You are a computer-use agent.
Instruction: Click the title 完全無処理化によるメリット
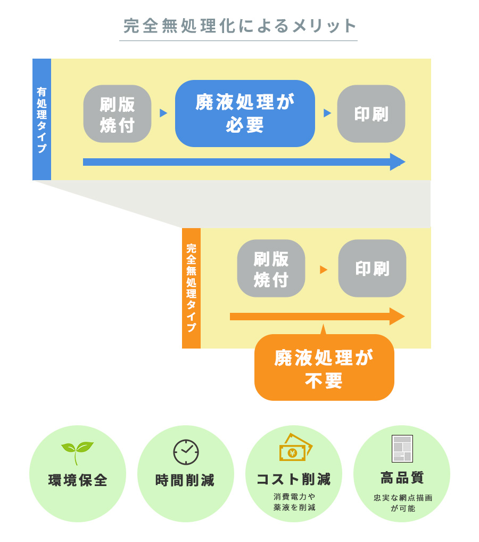click(240, 26)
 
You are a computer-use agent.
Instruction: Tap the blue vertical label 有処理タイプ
click(42, 119)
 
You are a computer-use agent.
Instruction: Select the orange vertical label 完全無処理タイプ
click(191, 288)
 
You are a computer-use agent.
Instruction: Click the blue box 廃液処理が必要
click(245, 114)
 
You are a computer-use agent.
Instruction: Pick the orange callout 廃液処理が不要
click(324, 368)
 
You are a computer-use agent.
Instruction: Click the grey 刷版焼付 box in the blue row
click(117, 114)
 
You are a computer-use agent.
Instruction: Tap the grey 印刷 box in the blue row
click(371, 114)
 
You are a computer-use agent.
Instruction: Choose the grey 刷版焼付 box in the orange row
click(271, 269)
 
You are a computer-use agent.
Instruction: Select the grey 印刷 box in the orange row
click(372, 269)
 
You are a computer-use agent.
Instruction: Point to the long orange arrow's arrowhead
click(397, 317)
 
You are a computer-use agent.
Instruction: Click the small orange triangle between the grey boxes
click(323, 270)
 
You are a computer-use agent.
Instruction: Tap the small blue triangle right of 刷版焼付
click(163, 113)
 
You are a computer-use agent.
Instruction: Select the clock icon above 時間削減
click(186, 452)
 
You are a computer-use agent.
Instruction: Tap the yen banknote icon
click(294, 448)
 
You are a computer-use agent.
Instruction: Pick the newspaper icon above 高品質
click(402, 449)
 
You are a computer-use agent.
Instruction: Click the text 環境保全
click(78, 480)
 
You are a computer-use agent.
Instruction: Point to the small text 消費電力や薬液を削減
click(294, 502)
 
